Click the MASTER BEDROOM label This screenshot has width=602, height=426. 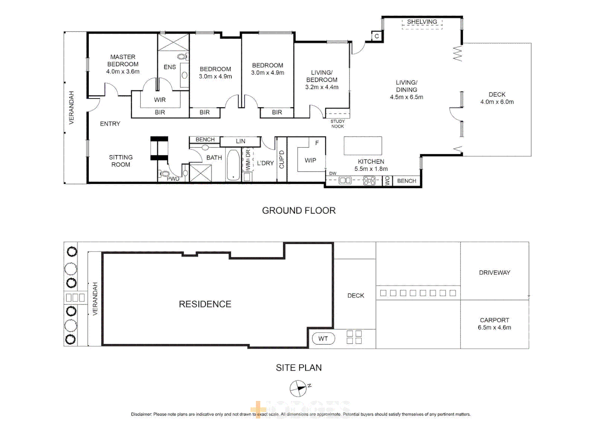click(123, 60)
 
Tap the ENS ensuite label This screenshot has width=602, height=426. click(170, 67)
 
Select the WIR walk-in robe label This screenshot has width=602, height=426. click(160, 100)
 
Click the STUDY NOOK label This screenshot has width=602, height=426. click(337, 124)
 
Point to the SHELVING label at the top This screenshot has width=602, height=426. click(422, 22)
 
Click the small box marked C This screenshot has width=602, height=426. click(377, 36)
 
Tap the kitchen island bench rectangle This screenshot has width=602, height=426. click(363, 146)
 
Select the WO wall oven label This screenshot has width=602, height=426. click(387, 181)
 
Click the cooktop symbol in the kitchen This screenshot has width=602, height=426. click(369, 181)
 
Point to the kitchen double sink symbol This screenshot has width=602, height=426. click(345, 181)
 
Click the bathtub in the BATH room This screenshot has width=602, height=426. click(233, 165)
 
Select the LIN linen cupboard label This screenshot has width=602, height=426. click(240, 141)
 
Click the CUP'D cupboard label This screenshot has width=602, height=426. click(281, 159)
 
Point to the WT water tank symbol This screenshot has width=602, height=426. click(323, 338)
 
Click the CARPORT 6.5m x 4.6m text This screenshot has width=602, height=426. click(494, 324)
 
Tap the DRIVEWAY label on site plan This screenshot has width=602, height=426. click(494, 273)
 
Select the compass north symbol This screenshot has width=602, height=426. click(298, 389)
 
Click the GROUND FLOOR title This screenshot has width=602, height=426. click(299, 211)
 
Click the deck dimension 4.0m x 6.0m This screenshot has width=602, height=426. click(497, 102)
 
